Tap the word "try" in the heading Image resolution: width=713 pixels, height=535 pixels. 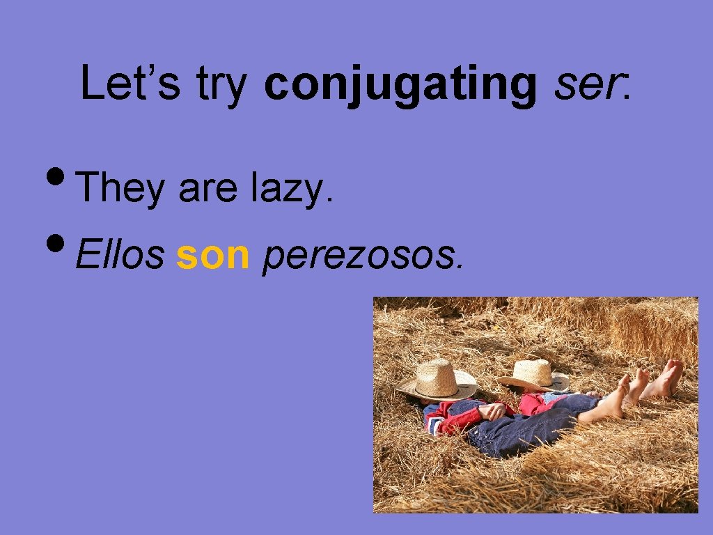pos(222,84)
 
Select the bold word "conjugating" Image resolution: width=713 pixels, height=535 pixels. pos(400,84)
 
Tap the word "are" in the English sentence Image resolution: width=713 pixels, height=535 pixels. pos(207,189)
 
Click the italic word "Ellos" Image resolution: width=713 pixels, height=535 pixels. pos(119,256)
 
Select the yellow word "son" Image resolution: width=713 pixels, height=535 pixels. pos(212,256)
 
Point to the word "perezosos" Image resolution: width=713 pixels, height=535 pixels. pos(361,258)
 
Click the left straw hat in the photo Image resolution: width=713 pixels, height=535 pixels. pos(437,380)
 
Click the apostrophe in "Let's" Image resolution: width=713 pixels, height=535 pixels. pos(157,68)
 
